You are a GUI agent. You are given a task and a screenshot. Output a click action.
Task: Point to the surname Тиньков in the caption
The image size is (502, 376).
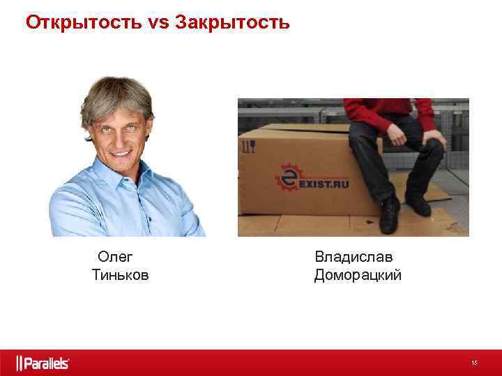tap(120, 275)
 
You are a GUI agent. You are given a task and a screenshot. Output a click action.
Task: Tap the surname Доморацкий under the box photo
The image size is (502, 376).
tap(358, 275)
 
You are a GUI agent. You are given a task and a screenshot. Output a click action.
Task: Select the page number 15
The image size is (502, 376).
tap(474, 363)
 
